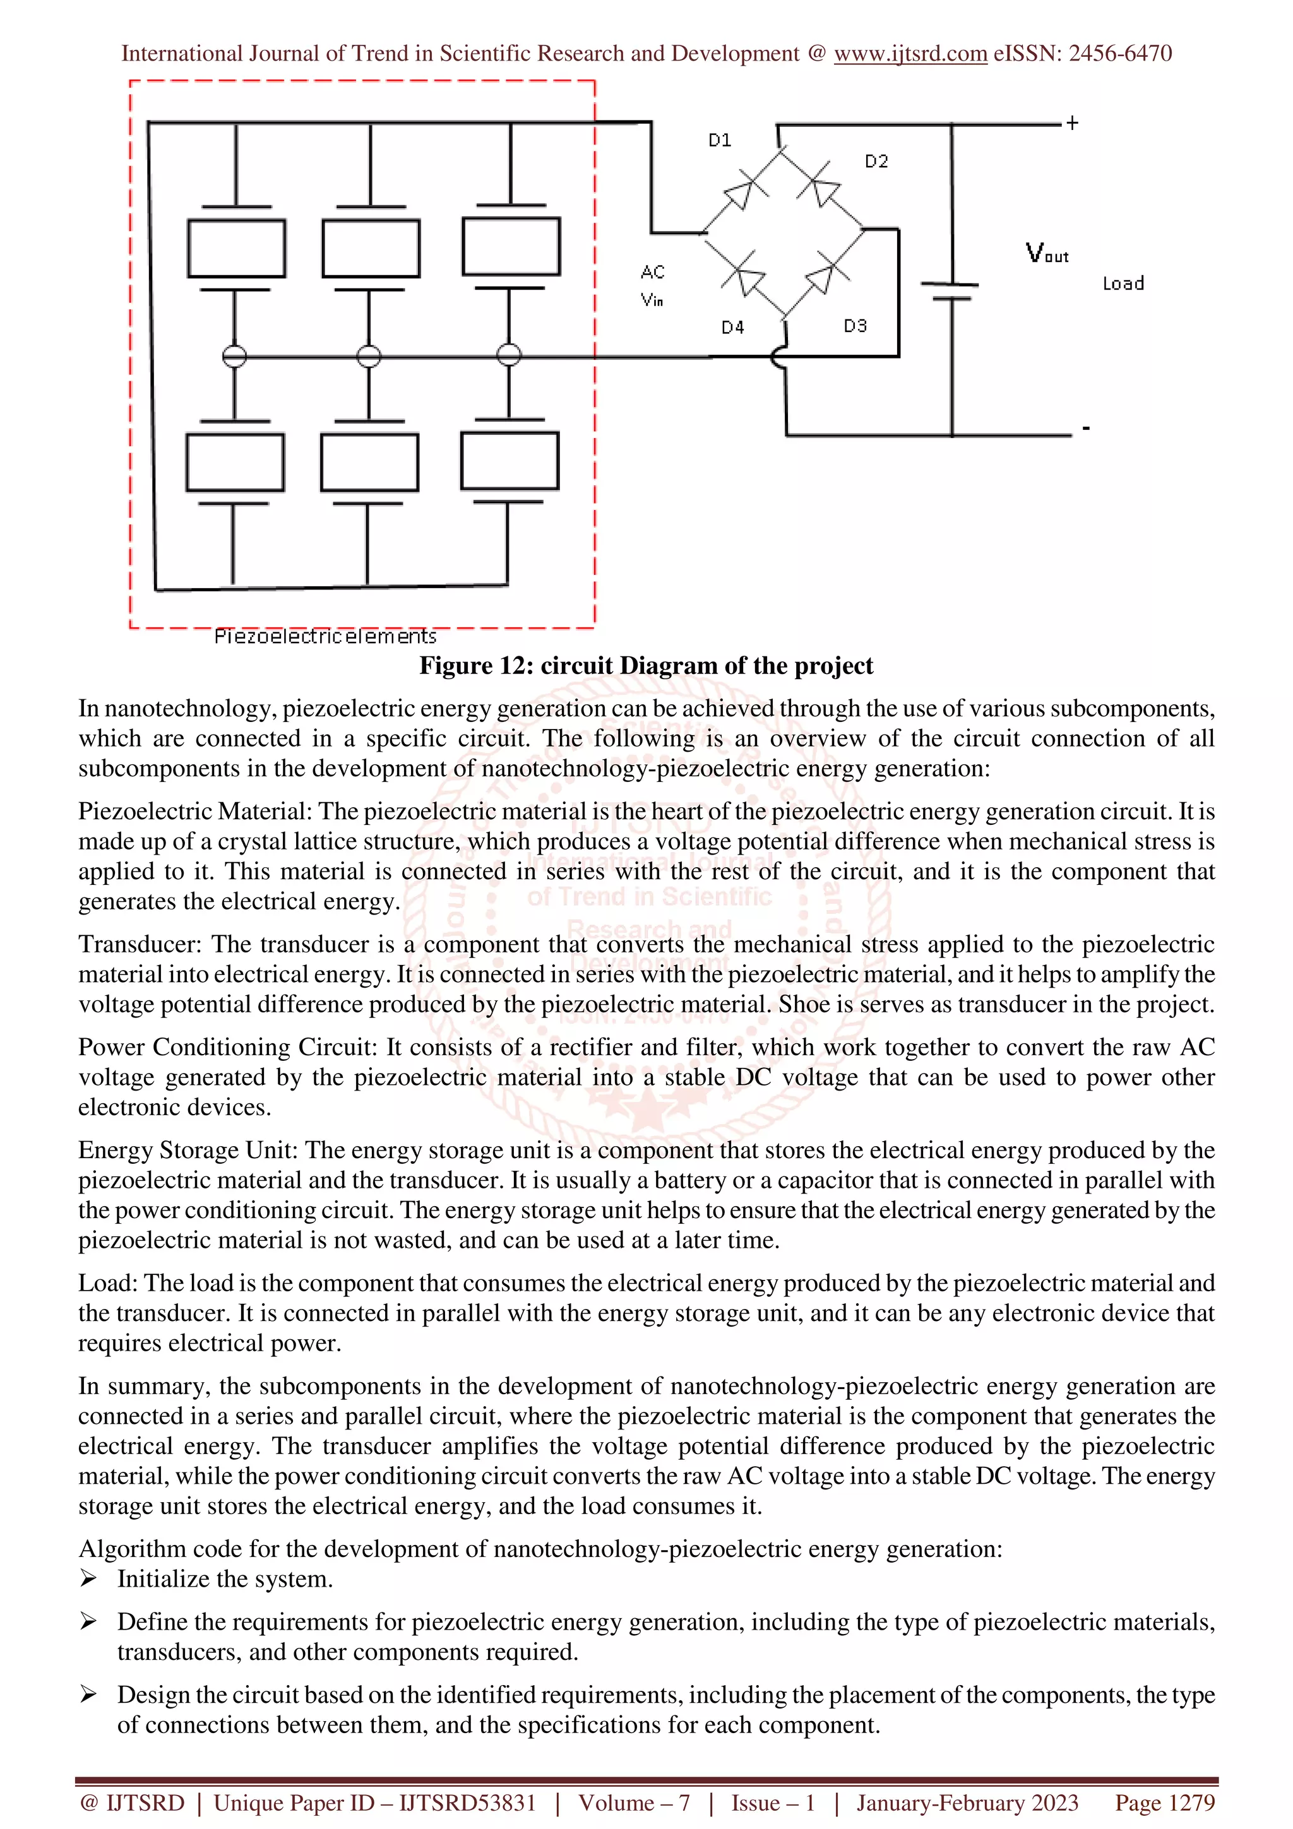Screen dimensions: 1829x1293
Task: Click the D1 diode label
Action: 719,140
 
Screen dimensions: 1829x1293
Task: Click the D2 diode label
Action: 876,161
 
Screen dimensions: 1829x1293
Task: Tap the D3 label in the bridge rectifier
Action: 855,326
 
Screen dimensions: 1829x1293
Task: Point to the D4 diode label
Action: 732,328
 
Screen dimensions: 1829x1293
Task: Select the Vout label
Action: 1046,253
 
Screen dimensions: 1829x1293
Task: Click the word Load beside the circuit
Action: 1123,283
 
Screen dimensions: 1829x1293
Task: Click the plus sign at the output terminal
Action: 1072,122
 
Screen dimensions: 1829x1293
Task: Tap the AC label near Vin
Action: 652,273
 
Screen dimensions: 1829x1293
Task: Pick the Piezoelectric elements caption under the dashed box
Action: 325,636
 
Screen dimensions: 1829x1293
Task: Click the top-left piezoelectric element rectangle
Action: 237,249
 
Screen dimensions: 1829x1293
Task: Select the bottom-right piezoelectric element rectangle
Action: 510,461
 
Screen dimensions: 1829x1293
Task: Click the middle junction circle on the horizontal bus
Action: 369,356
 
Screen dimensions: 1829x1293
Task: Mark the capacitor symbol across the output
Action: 950,292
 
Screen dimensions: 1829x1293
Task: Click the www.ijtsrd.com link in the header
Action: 910,54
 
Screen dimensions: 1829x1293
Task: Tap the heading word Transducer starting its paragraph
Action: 140,944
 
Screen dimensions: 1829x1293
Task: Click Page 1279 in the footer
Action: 1164,1802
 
